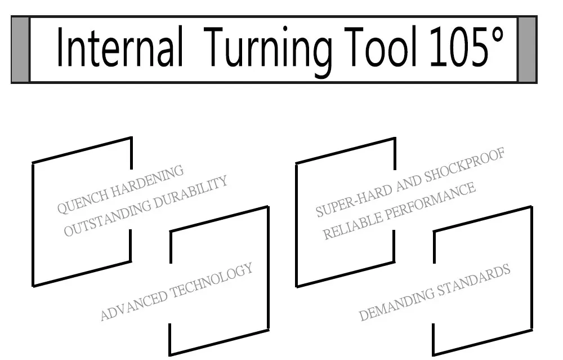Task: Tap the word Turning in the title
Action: click(268, 50)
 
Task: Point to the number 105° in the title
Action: click(467, 46)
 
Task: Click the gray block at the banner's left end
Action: click(20, 49)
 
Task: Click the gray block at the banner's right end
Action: click(527, 49)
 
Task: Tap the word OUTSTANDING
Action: click(108, 218)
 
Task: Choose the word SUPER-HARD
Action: click(354, 199)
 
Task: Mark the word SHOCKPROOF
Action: click(465, 165)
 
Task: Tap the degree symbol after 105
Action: click(497, 35)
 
